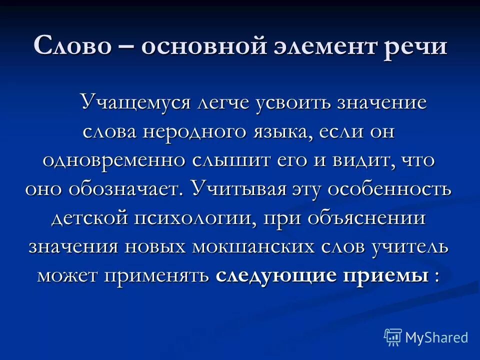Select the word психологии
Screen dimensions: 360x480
pos(191,218)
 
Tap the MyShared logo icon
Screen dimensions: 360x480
pos(392,336)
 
